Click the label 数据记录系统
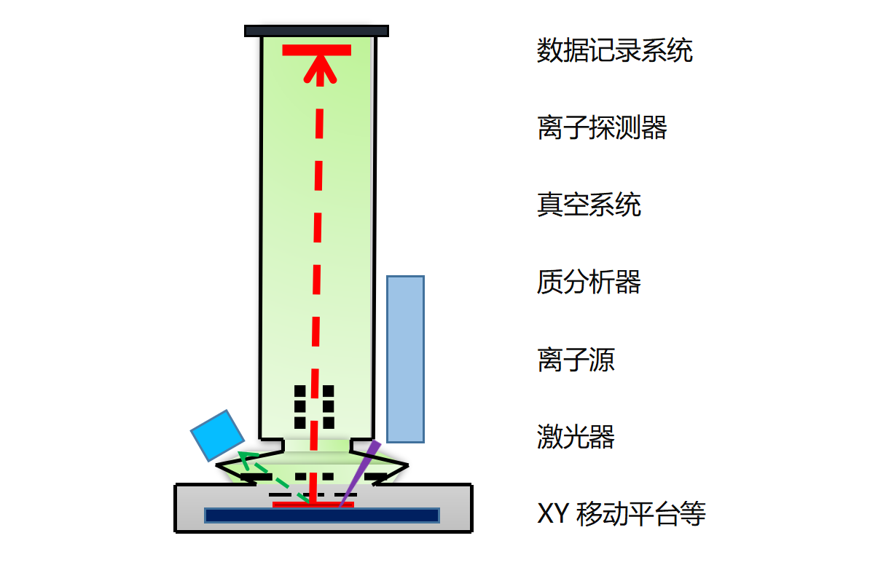(x=614, y=51)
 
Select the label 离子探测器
(x=602, y=128)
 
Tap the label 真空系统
(x=589, y=205)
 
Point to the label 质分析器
(x=589, y=282)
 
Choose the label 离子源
(x=576, y=360)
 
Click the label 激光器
(x=576, y=437)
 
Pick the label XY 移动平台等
(x=621, y=514)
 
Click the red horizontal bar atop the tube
(x=317, y=50)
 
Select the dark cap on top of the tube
(x=316, y=31)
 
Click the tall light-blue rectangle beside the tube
(x=405, y=359)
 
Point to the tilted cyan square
(x=217, y=435)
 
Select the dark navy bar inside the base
(x=321, y=515)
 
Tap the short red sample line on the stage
(x=313, y=504)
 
